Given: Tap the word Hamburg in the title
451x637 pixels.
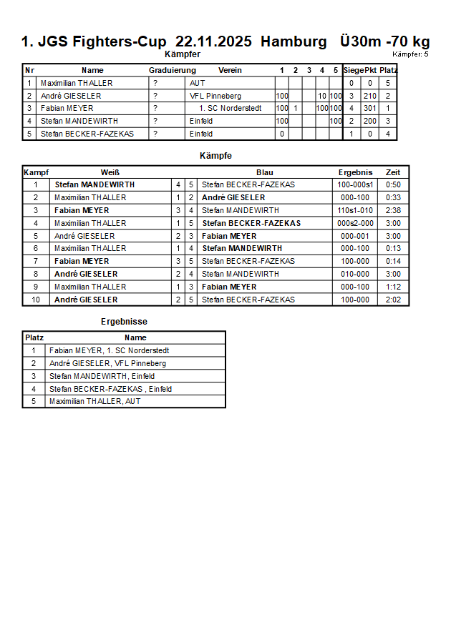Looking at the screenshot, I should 294,41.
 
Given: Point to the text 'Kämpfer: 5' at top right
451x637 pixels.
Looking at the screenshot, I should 410,54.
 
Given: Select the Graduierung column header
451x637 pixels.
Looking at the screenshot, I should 172,70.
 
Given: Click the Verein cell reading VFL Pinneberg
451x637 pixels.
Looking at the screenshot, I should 215,96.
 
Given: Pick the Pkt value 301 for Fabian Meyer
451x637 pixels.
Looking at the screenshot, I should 369,109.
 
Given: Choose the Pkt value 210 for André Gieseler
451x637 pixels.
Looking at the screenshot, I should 369,96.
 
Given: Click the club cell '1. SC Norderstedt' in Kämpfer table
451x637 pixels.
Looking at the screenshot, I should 230,109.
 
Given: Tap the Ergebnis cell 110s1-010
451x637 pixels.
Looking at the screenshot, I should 355,210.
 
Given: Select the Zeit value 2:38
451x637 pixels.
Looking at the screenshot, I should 393,210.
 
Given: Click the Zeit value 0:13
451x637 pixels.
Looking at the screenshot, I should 393,248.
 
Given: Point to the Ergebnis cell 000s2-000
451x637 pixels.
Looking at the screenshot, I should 355,223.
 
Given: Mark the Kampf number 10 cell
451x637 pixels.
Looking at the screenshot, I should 35,300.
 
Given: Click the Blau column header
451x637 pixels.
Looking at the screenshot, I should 265,172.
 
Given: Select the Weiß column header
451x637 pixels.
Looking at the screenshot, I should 110,172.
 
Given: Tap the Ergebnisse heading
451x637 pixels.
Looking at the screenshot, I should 124,322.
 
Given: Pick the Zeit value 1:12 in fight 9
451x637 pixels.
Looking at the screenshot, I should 393,287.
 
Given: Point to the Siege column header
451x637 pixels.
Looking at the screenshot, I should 353,70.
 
